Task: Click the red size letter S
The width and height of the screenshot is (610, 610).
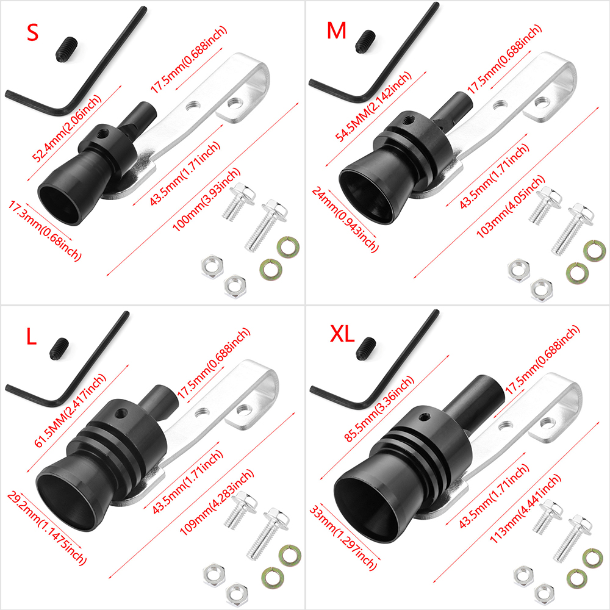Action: (32, 32)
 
